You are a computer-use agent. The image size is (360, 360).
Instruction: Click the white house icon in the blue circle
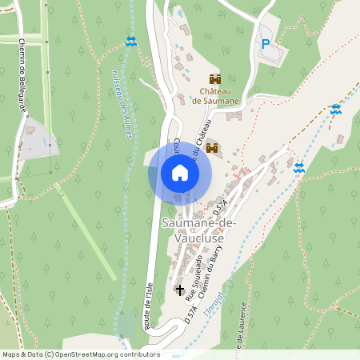[x=179, y=173]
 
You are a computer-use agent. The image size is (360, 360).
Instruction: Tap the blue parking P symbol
[x=265, y=45]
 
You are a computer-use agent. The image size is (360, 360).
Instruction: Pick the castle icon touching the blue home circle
[x=212, y=148]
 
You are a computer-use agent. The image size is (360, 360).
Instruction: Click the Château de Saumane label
[x=214, y=96]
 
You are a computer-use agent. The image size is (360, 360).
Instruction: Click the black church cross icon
[x=179, y=289]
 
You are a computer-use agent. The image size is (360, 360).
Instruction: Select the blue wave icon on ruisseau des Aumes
[x=131, y=41]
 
